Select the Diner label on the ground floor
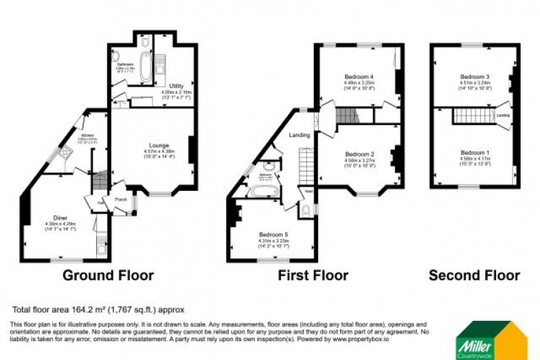[60, 218]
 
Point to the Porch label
[121, 200]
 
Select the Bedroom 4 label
[359, 76]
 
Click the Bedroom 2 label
[359, 154]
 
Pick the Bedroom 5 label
[273, 234]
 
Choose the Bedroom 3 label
[475, 76]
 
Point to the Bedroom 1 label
[475, 152]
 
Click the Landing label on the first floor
[299, 135]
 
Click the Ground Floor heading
[108, 275]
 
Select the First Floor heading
[313, 275]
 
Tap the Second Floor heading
[474, 275]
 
